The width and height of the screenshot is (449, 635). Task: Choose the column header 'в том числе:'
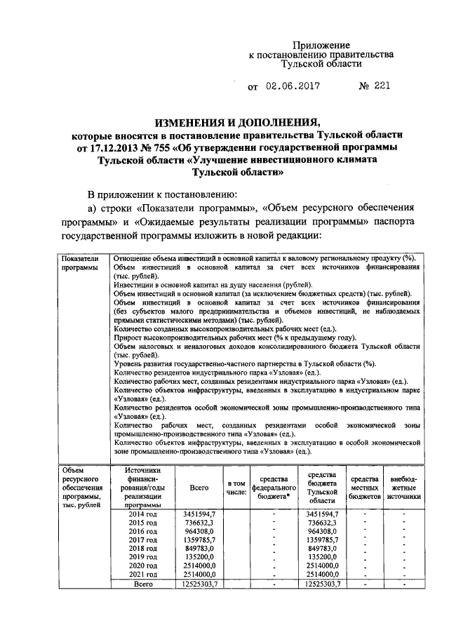[236, 488]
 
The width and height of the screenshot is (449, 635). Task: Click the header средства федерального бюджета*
[273, 487]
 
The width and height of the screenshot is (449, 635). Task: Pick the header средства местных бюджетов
[365, 487]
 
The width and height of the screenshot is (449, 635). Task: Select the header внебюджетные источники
[403, 487]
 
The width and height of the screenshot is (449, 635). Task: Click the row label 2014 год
[143, 514]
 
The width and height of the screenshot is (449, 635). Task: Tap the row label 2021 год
[143, 573]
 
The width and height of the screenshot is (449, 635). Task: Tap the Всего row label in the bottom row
[143, 584]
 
